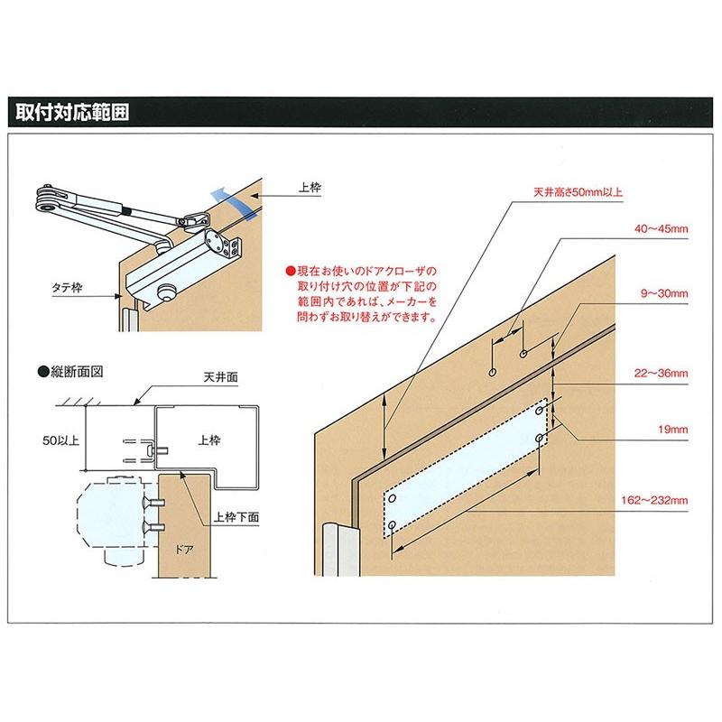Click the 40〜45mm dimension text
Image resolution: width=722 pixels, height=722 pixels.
662,230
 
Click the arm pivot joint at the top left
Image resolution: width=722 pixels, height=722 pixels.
42,200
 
